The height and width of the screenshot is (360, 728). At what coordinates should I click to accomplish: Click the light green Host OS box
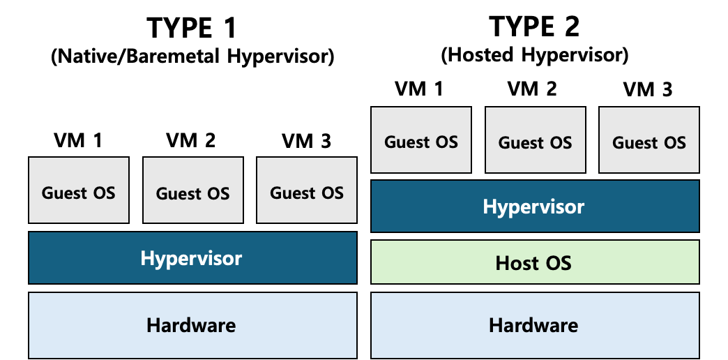pos(535,262)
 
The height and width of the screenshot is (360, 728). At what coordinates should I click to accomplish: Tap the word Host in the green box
pos(517,263)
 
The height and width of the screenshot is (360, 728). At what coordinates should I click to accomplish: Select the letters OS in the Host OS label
pos(559,263)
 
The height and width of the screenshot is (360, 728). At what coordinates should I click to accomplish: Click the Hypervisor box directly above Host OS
pos(535,206)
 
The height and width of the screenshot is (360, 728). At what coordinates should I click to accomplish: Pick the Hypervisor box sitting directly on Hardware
pos(192,257)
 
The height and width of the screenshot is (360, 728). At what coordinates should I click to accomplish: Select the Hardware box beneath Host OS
pos(535,324)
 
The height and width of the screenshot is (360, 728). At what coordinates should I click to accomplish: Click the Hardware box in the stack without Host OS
pos(192,324)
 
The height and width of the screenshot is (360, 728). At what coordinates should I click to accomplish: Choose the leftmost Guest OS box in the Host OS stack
pos(421,140)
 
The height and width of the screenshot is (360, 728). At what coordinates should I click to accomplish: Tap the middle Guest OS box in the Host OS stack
pos(535,140)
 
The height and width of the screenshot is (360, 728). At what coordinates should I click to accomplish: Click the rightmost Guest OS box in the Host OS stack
pos(649,140)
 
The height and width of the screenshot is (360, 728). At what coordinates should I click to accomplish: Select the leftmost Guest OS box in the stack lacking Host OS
pos(79,190)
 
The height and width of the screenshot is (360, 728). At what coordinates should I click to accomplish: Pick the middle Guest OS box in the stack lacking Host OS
pos(193,190)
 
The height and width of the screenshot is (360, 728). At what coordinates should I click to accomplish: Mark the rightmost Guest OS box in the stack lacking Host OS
pos(307,190)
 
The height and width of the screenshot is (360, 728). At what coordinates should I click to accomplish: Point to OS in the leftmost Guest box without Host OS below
pos(103,193)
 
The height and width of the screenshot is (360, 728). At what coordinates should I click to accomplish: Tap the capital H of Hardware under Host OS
pos(495,325)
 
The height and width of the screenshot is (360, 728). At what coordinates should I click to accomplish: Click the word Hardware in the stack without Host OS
pos(191,325)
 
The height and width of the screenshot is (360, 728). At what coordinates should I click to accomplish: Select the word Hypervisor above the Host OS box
pos(533,207)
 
